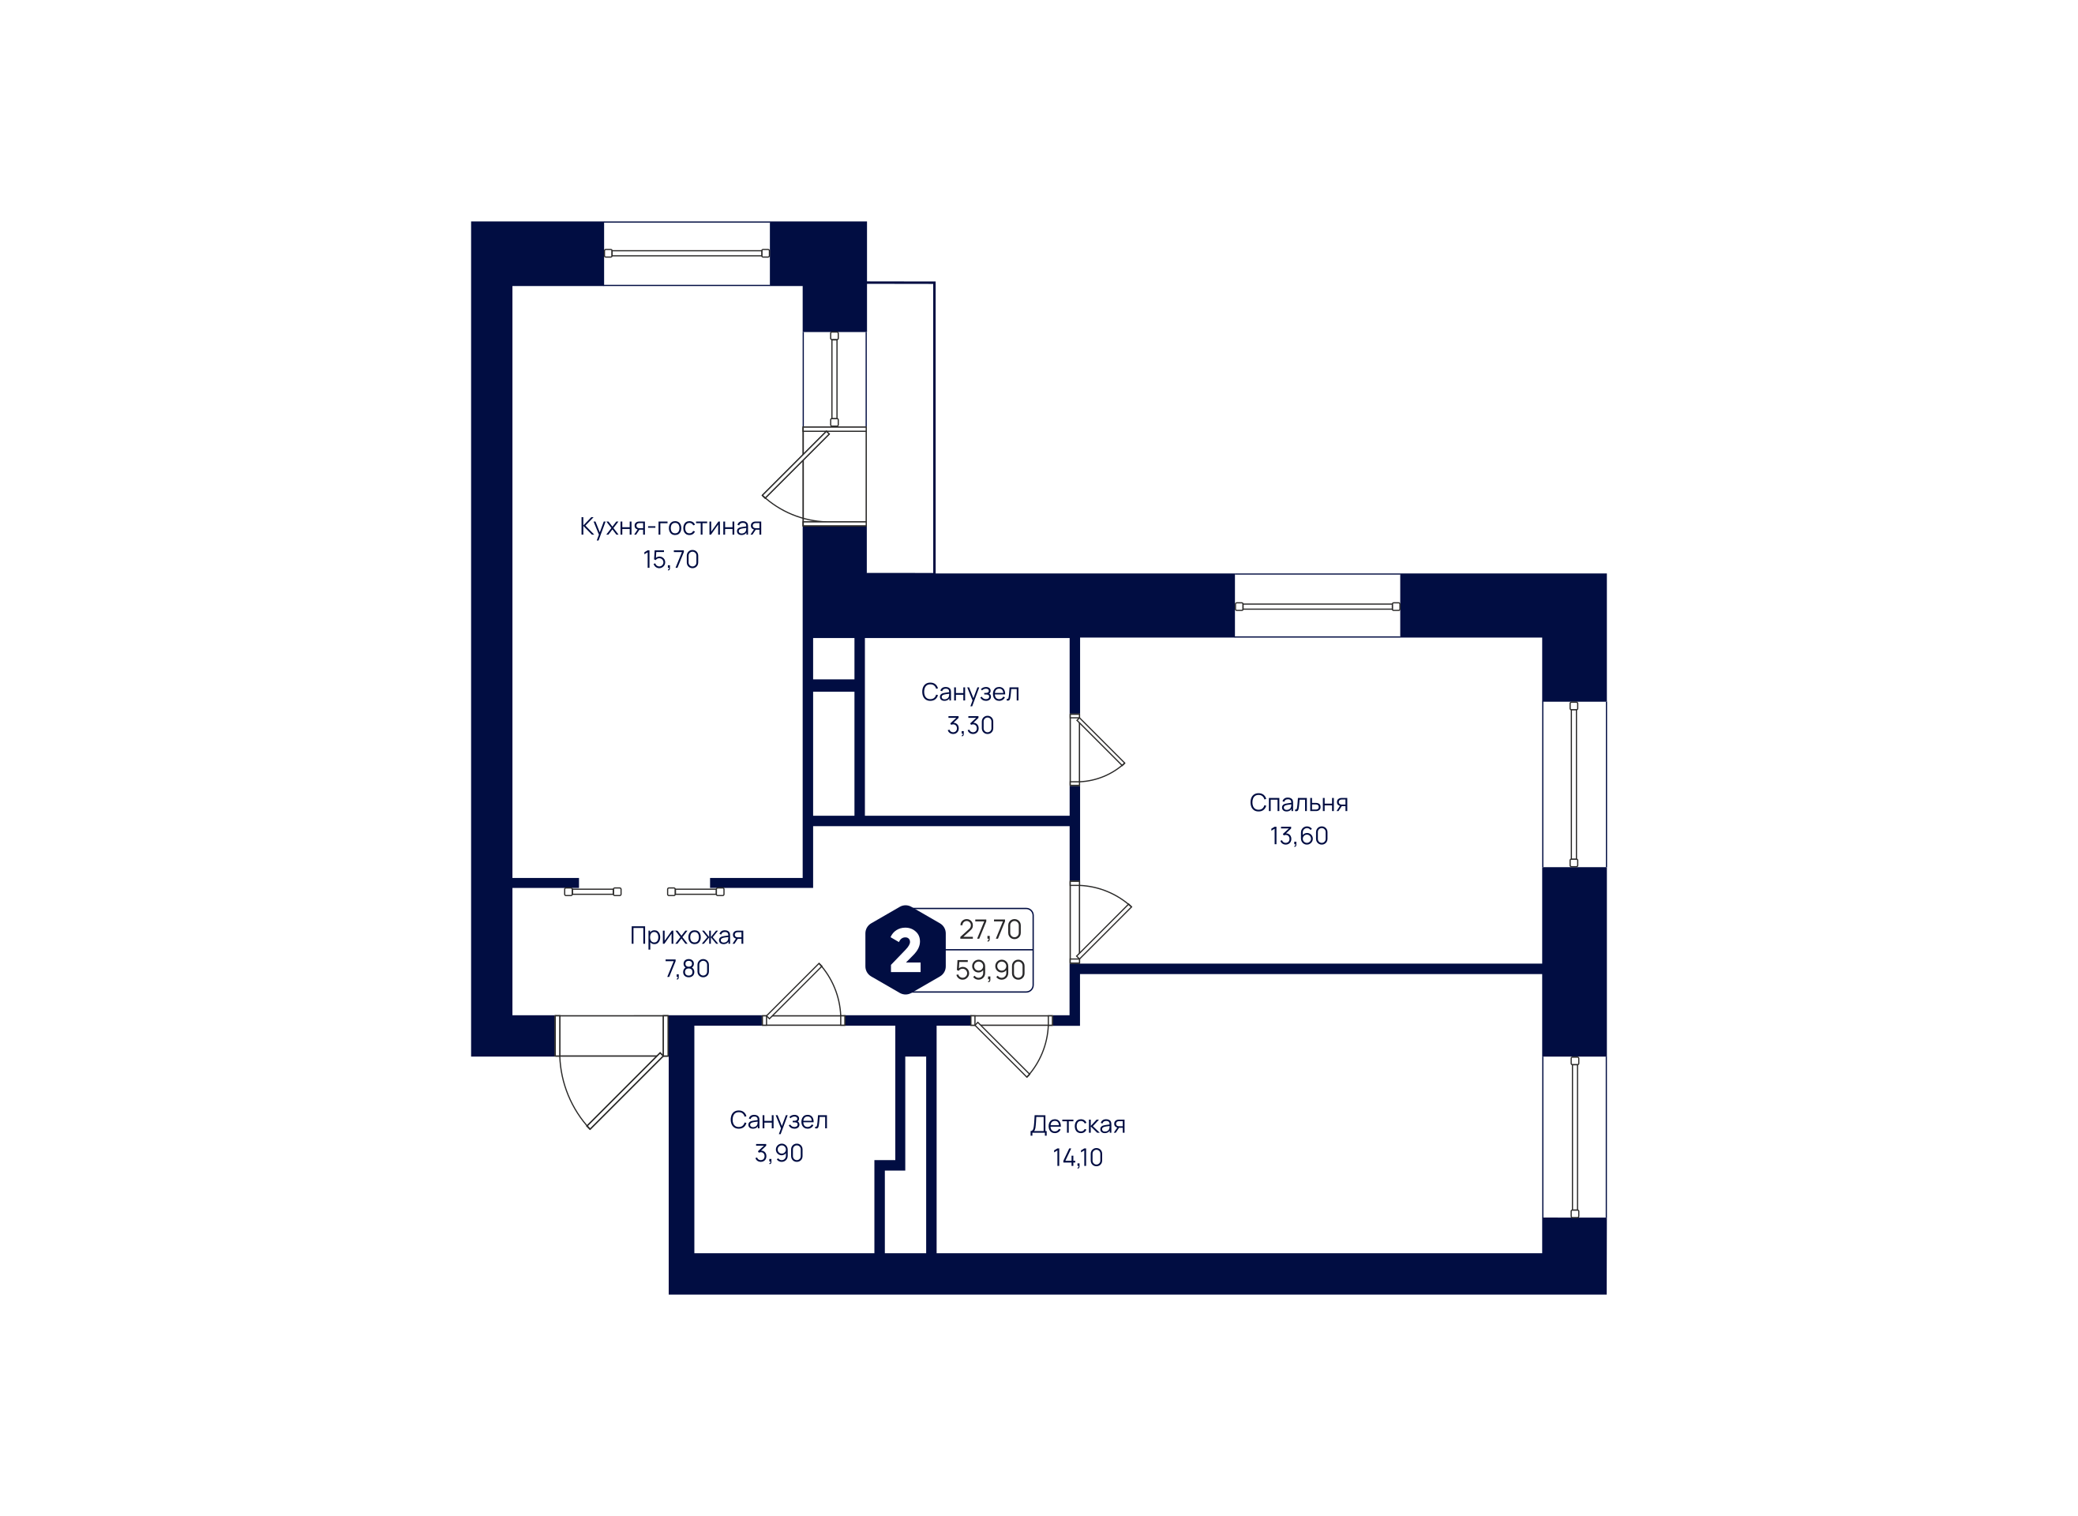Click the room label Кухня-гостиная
[670, 527]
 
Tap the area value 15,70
[670, 560]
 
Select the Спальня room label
[1298, 803]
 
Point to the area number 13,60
[1298, 836]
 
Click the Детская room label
[1077, 1125]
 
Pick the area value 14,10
[1077, 1158]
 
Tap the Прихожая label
[686, 936]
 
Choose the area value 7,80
[686, 969]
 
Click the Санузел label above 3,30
[970, 692]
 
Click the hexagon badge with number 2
[905, 950]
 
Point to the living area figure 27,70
[990, 929]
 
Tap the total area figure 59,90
[990, 970]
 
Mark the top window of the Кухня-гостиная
[686, 253]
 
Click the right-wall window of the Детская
[1574, 1137]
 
